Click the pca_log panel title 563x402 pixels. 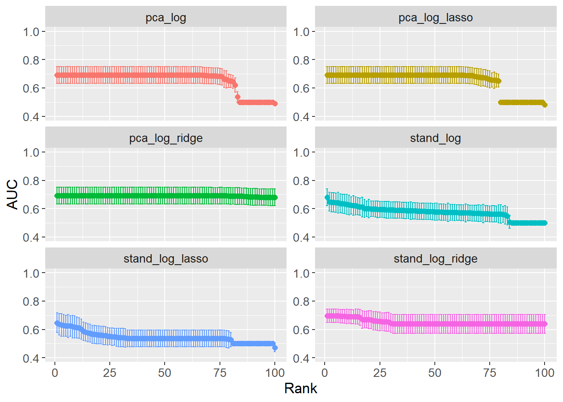[x=165, y=18]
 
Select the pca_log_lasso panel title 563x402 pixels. [x=435, y=18]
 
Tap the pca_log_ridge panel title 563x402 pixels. [x=165, y=138]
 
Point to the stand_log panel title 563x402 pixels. [x=435, y=138]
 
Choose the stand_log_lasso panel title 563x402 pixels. [x=165, y=259]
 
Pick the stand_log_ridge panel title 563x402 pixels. [x=435, y=259]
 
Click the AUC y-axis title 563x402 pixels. [x=13, y=194]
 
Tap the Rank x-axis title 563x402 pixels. [x=300, y=389]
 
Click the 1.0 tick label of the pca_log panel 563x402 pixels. [x=31, y=32]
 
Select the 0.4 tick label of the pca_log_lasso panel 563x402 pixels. [x=301, y=117]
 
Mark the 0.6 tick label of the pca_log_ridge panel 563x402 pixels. [x=31, y=209]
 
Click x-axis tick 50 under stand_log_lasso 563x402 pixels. [x=165, y=373]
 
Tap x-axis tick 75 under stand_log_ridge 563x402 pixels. [x=490, y=373]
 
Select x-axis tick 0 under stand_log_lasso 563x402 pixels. [x=55, y=373]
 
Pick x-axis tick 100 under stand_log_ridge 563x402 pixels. [x=545, y=373]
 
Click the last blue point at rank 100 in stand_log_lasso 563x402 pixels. [x=275, y=348]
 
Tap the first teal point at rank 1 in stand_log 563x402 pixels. [x=327, y=197]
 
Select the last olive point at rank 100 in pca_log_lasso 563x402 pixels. [x=545, y=105]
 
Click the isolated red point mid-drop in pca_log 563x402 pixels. [x=238, y=97]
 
